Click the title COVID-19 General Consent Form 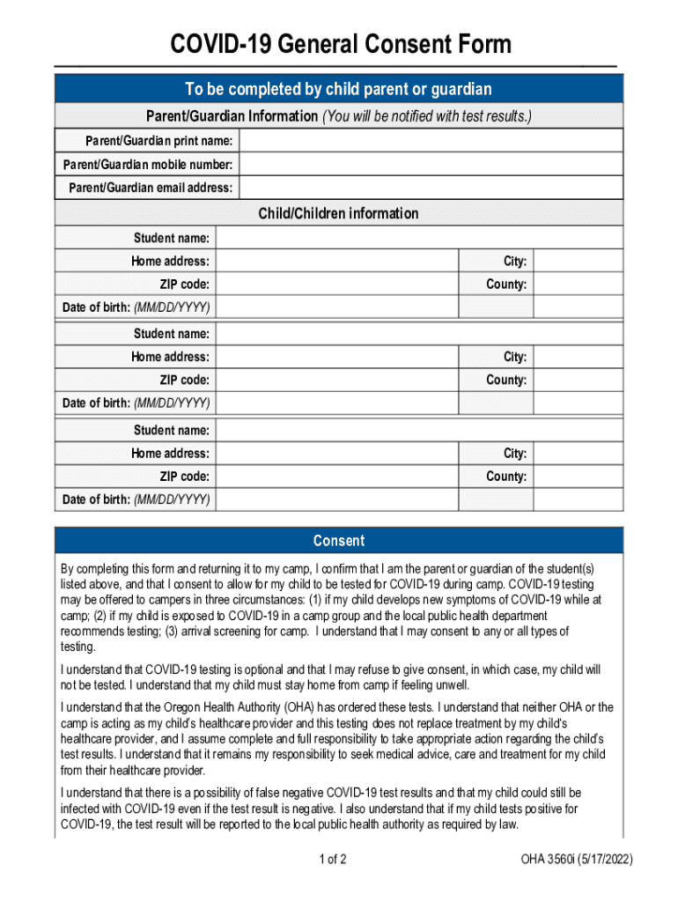tap(340, 44)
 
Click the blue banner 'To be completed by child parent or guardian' tap(338, 90)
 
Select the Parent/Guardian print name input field tap(431, 141)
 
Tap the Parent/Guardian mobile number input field tap(431, 165)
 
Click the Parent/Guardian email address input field tap(431, 188)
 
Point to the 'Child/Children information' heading tap(338, 213)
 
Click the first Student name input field tap(419, 238)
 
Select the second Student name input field tap(419, 334)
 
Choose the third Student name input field tap(419, 430)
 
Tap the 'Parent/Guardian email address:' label tap(151, 188)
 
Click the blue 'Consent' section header tap(338, 541)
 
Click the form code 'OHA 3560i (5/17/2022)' tap(577, 860)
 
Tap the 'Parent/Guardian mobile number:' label tap(148, 165)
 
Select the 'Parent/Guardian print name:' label tap(158, 141)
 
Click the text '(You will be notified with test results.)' tap(427, 116)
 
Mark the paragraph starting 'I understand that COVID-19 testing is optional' tap(330, 678)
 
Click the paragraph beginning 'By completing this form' tap(330, 607)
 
